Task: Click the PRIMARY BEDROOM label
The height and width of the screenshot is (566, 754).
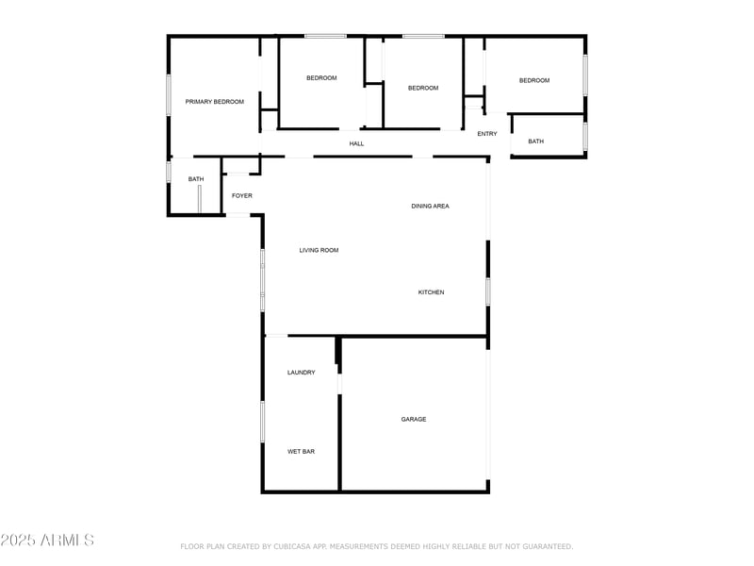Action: (x=214, y=102)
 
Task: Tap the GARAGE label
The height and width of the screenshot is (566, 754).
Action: (x=414, y=419)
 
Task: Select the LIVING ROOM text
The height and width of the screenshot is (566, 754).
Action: (x=319, y=250)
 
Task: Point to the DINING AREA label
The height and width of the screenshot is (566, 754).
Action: (x=430, y=206)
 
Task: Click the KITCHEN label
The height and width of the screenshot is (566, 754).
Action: (x=431, y=292)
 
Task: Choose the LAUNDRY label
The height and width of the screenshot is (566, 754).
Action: (x=301, y=373)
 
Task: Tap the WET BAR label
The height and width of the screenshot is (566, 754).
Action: (x=301, y=452)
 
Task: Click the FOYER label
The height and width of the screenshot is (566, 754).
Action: (x=242, y=195)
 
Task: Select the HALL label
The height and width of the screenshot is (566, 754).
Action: (x=356, y=143)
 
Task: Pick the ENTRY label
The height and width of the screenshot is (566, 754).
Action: (x=486, y=134)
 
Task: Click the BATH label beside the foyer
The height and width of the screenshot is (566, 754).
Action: (x=195, y=179)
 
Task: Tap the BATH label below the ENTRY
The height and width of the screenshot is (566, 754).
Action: (x=535, y=141)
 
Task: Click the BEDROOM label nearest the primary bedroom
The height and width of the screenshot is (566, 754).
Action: (x=321, y=78)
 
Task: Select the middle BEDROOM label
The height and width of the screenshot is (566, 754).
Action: (x=422, y=88)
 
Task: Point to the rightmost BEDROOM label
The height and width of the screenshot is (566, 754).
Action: (x=533, y=80)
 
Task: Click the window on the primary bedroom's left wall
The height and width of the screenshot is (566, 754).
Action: (x=169, y=94)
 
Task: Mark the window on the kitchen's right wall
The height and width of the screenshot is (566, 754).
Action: (x=488, y=291)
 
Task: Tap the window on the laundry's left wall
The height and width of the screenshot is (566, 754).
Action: (x=263, y=422)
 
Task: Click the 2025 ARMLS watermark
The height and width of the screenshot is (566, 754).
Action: (x=47, y=541)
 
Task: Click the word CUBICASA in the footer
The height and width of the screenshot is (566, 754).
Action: (x=294, y=546)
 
